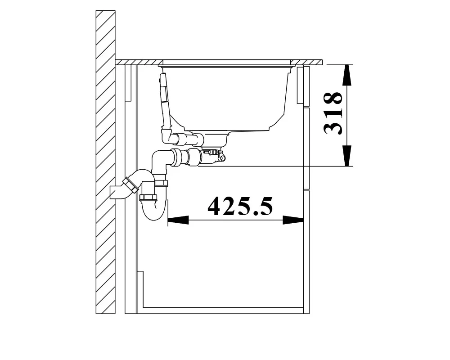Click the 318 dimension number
(x=333, y=113)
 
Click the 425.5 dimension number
(x=240, y=207)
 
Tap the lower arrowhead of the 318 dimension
(x=347, y=156)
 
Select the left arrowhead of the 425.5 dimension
(x=178, y=220)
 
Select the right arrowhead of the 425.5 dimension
(x=293, y=220)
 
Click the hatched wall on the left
(x=105, y=162)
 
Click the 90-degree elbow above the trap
(x=160, y=162)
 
